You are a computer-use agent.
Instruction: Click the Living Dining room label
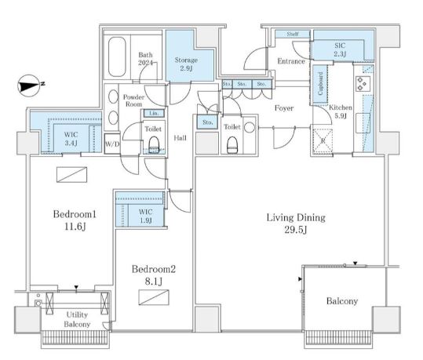pos(296,224)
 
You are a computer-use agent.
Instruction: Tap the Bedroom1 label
pos(75,220)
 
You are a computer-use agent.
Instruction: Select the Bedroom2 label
pos(154,275)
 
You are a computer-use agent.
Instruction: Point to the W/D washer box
pos(112,144)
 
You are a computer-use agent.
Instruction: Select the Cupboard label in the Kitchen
pos(320,84)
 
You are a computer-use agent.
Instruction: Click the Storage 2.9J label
pos(186,64)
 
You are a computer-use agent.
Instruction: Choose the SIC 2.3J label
pos(340,49)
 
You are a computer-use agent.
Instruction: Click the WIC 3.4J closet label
pos(71,138)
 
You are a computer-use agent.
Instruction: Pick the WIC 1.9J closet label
pos(146,216)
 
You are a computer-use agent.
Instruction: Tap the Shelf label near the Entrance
pos(293,34)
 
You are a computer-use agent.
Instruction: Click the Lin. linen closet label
pos(154,113)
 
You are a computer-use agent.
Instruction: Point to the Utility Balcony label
pos(77,319)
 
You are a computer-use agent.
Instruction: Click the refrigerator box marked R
pos(323,141)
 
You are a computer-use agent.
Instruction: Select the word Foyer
pos(284,108)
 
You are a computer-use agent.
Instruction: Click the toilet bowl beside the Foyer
pos(232,145)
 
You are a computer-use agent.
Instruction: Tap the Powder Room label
pos(133,100)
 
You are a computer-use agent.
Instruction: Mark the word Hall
pos(180,138)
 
